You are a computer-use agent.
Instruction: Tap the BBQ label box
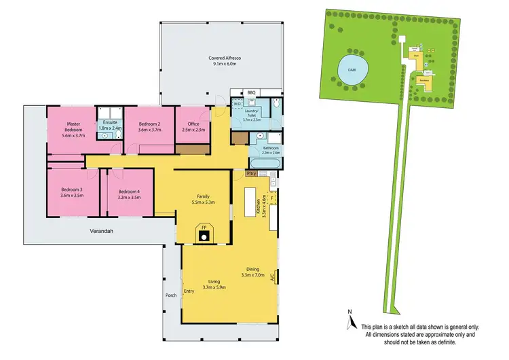coord(250,92)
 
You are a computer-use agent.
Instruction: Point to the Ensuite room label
coord(109,125)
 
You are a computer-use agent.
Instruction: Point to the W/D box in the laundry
coord(238,105)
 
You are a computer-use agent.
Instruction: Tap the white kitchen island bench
coord(244,203)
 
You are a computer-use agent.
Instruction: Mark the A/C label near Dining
coord(273,278)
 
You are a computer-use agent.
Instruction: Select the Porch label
coord(172,295)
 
